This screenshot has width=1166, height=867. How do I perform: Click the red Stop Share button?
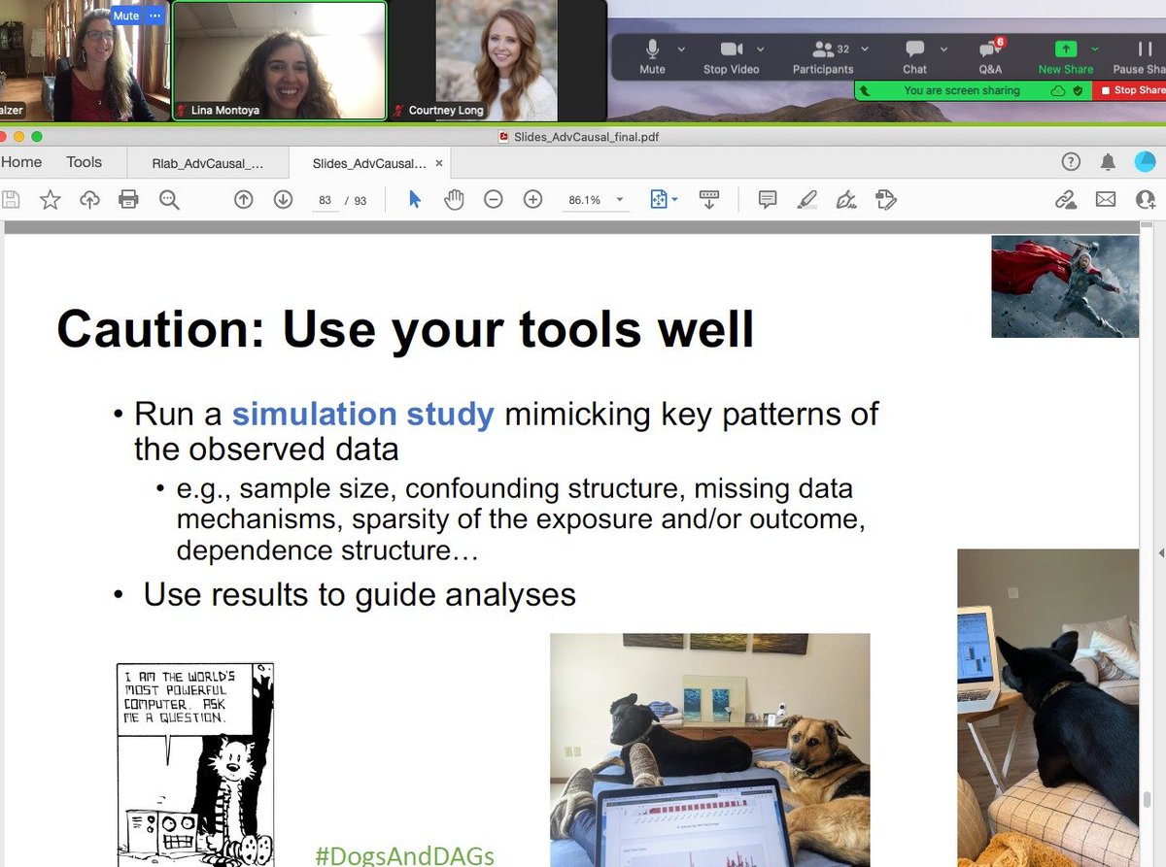click(x=1130, y=90)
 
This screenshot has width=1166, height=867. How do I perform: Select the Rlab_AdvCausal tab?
click(x=208, y=163)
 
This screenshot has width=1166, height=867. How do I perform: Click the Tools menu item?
click(x=84, y=162)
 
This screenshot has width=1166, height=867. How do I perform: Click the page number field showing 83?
click(x=325, y=200)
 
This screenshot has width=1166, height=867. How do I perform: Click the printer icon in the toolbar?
click(x=128, y=200)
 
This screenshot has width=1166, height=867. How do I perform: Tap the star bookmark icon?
click(x=50, y=200)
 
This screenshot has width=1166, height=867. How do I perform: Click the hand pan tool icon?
click(x=454, y=200)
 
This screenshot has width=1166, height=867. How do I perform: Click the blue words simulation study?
click(x=362, y=415)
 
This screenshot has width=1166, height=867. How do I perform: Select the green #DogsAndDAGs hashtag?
click(x=404, y=855)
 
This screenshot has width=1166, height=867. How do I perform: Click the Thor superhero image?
click(x=1064, y=286)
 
